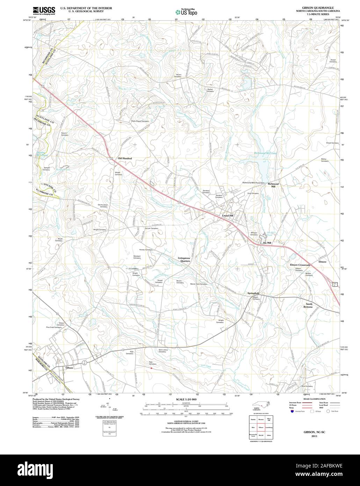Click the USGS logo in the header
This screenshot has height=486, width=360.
[x=44, y=10]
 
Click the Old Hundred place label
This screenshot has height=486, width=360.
[x=124, y=158]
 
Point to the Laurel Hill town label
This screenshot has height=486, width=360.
[x=227, y=216]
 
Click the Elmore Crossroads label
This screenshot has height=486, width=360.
[x=300, y=265]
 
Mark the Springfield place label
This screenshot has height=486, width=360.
[x=253, y=293]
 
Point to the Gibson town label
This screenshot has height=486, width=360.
[x=69, y=367]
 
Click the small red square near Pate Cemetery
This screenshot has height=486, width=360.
[x=151, y=368]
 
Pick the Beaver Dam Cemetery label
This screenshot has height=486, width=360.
[x=199, y=284]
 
